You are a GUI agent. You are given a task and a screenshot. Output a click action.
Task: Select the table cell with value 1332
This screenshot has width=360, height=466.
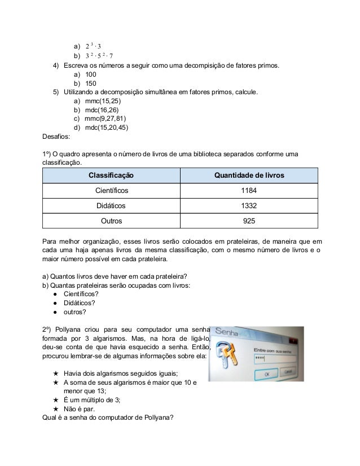248,206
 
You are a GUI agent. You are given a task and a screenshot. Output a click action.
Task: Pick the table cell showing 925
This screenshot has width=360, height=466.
248,221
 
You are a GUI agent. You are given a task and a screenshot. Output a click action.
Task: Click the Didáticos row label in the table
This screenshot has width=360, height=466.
111,206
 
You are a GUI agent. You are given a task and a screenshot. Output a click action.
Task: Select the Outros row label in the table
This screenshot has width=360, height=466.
111,221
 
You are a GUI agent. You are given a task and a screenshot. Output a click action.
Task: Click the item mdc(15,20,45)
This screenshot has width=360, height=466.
107,127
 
